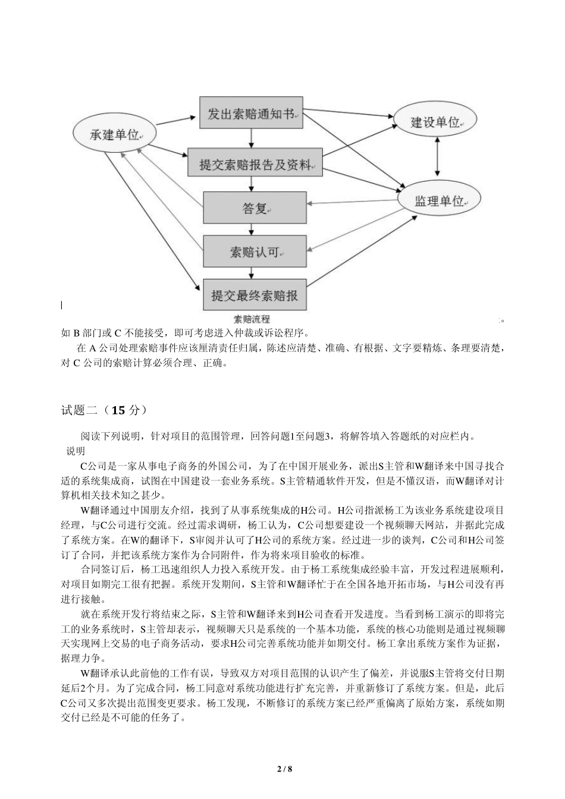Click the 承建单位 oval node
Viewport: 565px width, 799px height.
pyautogui.click(x=114, y=135)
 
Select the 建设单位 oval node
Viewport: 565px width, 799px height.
pyautogui.click(x=437, y=122)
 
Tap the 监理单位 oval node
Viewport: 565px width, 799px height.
pyautogui.click(x=438, y=201)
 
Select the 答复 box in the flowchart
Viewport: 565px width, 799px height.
pyautogui.click(x=255, y=208)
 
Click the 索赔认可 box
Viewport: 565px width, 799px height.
pyautogui.click(x=255, y=252)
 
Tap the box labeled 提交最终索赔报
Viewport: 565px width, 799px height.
pyautogui.click(x=255, y=295)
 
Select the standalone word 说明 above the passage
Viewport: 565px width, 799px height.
pyautogui.click(x=76, y=451)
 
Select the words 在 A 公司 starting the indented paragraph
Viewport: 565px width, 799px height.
pyautogui.click(x=95, y=347)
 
